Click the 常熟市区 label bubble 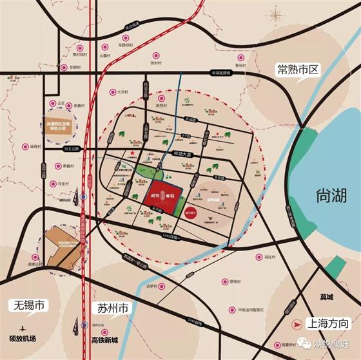click(x=298, y=69)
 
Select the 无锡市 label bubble click(x=26, y=305)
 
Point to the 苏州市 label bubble click(x=112, y=308)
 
